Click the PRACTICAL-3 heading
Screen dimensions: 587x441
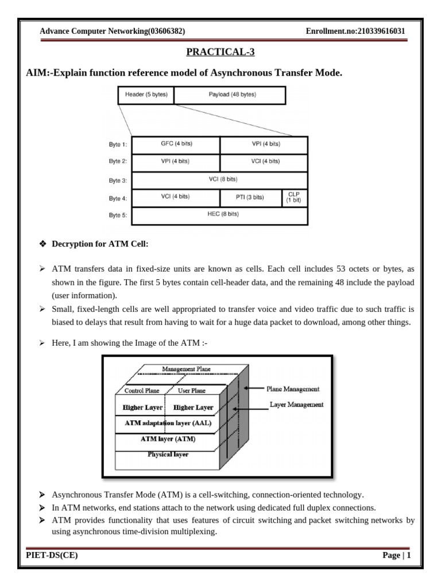click(x=220, y=53)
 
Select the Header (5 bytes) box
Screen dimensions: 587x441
click(x=146, y=95)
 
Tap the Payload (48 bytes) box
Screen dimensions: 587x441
click(x=229, y=95)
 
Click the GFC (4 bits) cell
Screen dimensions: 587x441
click(x=176, y=144)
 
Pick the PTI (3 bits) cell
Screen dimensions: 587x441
click(x=250, y=198)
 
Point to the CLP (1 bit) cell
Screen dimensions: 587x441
click(x=294, y=198)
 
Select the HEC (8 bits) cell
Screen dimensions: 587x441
click(x=220, y=215)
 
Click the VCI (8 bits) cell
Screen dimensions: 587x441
click(x=220, y=180)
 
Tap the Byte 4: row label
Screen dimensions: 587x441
click(x=118, y=199)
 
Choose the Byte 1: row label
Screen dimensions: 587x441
click(x=118, y=146)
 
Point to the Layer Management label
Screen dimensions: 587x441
click(x=296, y=405)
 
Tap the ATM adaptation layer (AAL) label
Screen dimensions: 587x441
click(x=168, y=423)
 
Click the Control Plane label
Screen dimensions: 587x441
click(x=142, y=391)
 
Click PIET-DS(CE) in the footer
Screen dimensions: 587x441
click(x=52, y=555)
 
